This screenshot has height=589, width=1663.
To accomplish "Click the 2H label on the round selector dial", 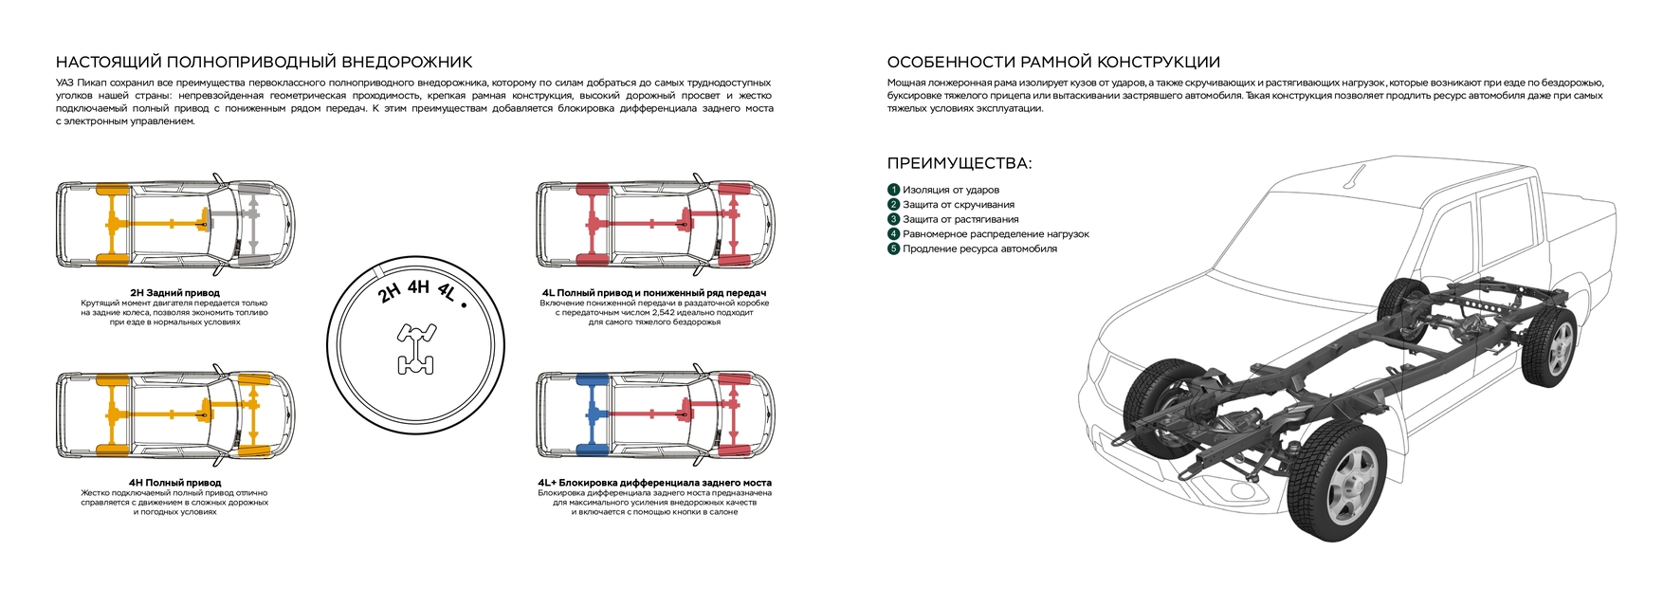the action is tap(390, 292).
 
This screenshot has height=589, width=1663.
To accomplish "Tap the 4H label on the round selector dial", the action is tap(418, 286).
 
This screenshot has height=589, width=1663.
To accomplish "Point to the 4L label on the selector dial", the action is tap(447, 293).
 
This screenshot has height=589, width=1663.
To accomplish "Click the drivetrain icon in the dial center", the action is tap(416, 347).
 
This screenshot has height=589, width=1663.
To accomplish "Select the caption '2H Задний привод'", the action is tap(174, 293).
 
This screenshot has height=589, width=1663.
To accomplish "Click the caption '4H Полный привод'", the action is tap(174, 483).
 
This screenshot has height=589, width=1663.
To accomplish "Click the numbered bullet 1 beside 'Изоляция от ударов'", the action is tap(893, 190).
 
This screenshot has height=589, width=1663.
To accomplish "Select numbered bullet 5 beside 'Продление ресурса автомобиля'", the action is tap(893, 248).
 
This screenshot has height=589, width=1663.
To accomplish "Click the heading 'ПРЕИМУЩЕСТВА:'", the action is tap(959, 163).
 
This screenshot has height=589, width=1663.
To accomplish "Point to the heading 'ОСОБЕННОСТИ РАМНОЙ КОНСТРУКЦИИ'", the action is tap(1053, 63).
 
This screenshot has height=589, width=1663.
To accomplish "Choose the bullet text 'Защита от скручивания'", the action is tap(959, 205).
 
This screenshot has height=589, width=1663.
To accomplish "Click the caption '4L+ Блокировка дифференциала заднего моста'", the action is tap(654, 483).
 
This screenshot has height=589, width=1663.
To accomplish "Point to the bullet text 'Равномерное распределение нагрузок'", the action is tap(996, 234).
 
